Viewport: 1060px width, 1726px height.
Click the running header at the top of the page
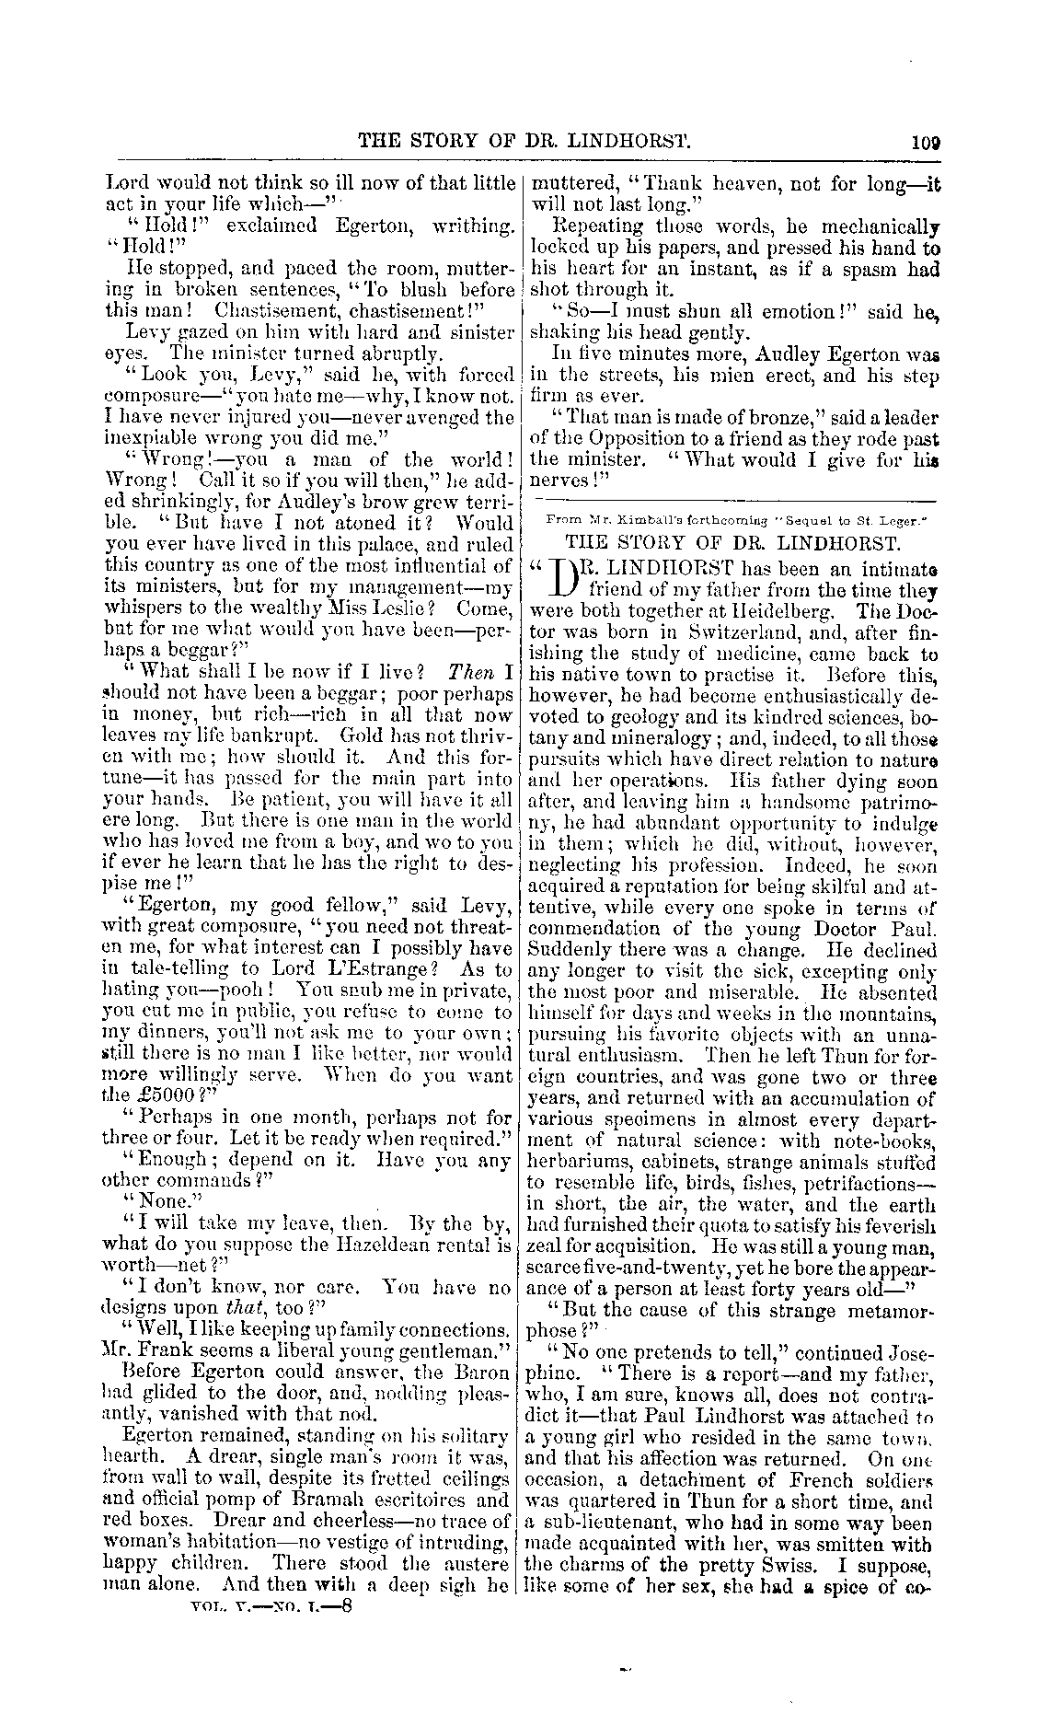point(524,142)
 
